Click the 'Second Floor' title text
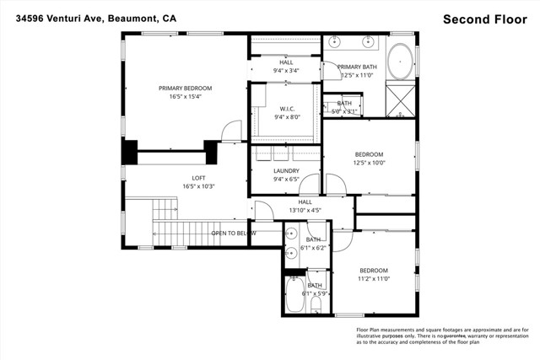point(485,19)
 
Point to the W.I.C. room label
point(285,109)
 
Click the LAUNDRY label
point(286,170)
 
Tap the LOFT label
point(198,178)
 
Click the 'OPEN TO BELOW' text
point(234,234)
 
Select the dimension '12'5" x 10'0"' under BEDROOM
point(369,163)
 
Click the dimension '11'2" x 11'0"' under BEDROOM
point(373,278)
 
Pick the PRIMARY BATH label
point(357,67)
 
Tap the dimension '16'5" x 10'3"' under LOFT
point(198,186)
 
